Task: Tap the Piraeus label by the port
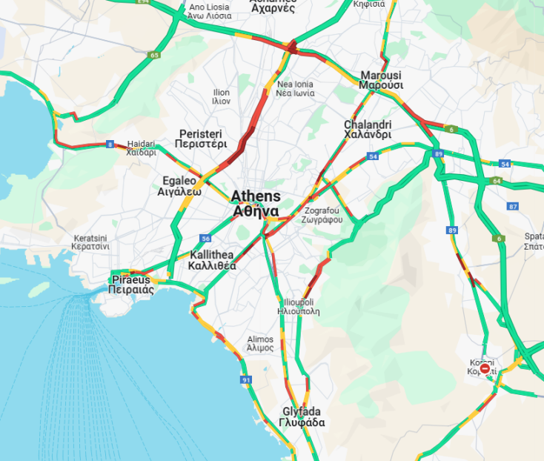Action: click(131, 285)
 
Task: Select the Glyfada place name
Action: click(302, 417)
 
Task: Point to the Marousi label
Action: click(381, 80)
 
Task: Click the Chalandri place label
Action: click(367, 130)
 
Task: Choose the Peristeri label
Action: click(202, 139)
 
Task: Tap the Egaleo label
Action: click(179, 185)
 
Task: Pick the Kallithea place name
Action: click(212, 259)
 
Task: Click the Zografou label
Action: click(322, 215)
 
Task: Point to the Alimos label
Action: click(260, 343)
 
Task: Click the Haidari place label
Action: click(141, 148)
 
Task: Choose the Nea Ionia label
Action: click(295, 89)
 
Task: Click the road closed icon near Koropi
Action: click(485, 368)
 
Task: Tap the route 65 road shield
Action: click(154, 55)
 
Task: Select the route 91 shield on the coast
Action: click(246, 379)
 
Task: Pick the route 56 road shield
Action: click(205, 239)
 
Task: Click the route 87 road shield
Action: click(511, 206)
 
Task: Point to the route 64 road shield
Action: click(496, 181)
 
